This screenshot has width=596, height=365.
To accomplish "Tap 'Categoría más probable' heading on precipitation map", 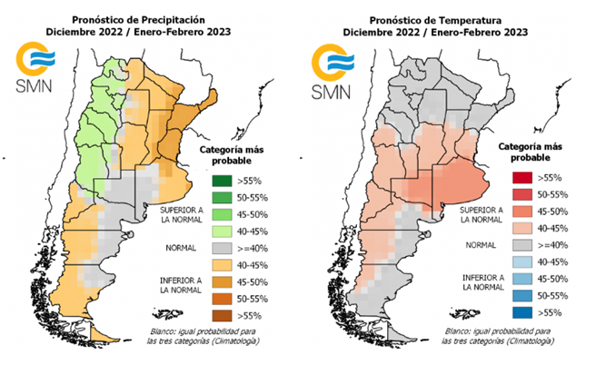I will click(228, 155).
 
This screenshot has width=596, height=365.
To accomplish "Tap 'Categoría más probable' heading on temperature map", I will click(521, 152).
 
